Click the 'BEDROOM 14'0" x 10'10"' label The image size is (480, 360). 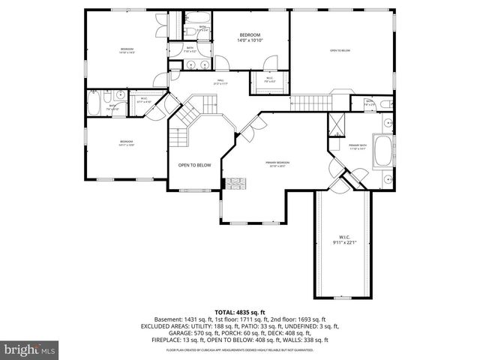point(250,38)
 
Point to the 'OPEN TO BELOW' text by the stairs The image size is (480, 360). point(194,165)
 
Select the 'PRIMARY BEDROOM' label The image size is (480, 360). point(277,163)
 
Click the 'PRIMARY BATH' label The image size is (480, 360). point(358,147)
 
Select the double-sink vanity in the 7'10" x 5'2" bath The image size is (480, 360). point(197,65)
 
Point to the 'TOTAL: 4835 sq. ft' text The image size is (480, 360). point(239,311)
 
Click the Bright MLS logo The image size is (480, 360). point(30,349)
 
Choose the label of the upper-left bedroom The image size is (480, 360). point(125,51)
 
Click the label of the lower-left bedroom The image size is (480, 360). point(125,143)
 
